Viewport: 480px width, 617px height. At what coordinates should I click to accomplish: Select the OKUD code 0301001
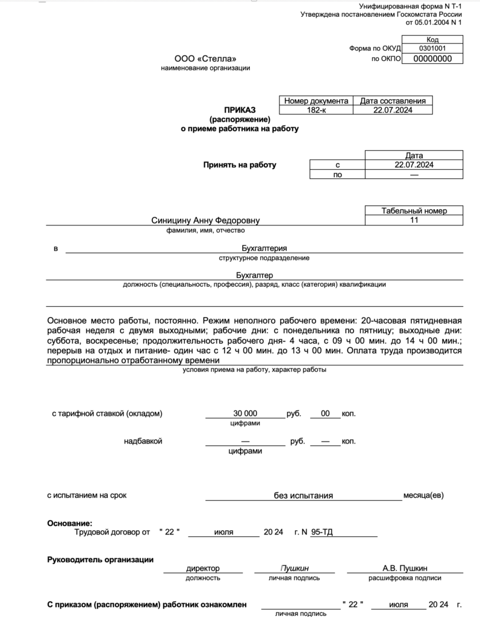point(432,48)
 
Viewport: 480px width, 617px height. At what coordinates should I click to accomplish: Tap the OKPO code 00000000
point(432,58)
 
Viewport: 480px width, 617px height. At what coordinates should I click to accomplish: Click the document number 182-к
point(316,110)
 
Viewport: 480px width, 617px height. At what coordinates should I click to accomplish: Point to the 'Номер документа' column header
point(316,101)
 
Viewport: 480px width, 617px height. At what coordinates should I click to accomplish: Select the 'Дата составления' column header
point(393,101)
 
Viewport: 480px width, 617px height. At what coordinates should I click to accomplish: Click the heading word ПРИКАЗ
point(240,110)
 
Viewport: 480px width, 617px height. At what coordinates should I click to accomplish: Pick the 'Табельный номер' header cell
point(414,211)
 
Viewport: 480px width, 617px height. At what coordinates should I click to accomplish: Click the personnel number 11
point(414,221)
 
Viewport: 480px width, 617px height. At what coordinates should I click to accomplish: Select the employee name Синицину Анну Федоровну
point(206,221)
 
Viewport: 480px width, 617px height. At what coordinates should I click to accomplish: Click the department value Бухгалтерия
point(264,248)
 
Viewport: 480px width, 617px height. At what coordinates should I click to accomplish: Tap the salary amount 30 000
point(245,413)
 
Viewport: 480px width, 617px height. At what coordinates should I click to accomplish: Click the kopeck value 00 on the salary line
point(325,413)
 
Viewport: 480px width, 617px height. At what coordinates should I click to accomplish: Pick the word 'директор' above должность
point(203,568)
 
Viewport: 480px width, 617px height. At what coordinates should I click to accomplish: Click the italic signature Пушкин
point(295,568)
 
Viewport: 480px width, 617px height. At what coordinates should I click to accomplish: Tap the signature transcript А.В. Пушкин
point(405,568)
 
